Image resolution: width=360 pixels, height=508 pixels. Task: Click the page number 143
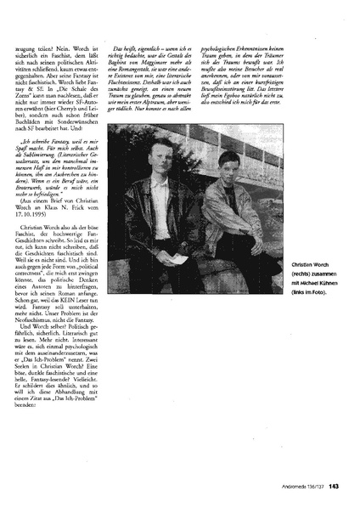coord(335,485)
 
